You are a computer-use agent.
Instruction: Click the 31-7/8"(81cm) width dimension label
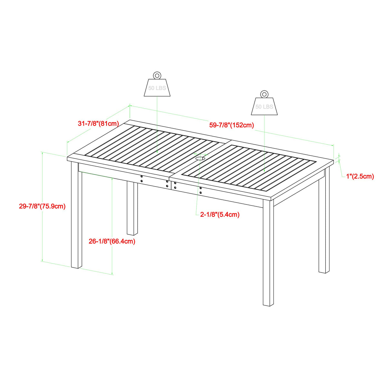click(99, 123)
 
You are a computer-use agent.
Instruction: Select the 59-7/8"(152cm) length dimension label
click(232, 125)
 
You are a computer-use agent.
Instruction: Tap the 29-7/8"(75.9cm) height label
click(42, 206)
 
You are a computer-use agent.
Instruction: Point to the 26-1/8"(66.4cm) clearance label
click(112, 241)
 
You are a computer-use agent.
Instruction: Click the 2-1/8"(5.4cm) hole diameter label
click(220, 215)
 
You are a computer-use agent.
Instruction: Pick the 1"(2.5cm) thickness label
click(360, 176)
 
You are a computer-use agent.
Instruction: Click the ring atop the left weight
click(157, 75)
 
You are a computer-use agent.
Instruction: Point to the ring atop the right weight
click(264, 94)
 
